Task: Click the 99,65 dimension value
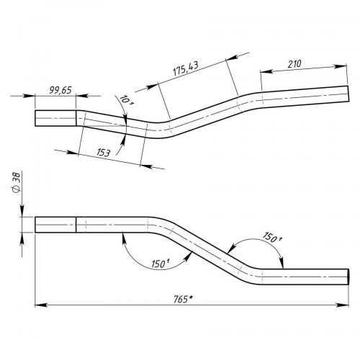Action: pyautogui.click(x=60, y=90)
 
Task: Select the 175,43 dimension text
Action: pyautogui.click(x=186, y=68)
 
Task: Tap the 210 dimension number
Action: pyautogui.click(x=294, y=64)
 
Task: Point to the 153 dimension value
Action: pyautogui.click(x=104, y=153)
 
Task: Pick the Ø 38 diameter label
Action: pyautogui.click(x=17, y=182)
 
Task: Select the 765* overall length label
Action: pyautogui.click(x=184, y=300)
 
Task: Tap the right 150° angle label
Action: pyautogui.click(x=272, y=237)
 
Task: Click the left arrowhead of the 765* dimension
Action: pyautogui.click(x=40, y=305)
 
